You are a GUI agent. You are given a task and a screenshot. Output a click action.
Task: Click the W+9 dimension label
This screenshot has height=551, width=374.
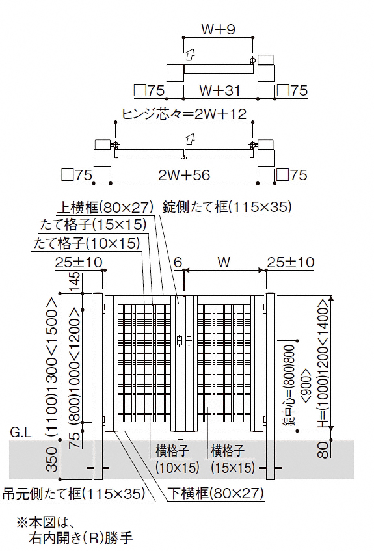(218, 29)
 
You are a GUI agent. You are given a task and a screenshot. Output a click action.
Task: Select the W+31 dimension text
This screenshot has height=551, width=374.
(220, 90)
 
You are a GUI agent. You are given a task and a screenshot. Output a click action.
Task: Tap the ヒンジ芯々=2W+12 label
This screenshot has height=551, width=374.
(184, 114)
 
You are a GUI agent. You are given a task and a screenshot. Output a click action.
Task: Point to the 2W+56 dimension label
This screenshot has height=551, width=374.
(184, 174)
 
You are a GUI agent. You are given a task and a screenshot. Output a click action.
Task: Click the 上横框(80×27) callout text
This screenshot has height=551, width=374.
(105, 208)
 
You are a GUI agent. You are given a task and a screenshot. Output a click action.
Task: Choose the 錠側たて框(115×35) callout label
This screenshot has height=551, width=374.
(227, 207)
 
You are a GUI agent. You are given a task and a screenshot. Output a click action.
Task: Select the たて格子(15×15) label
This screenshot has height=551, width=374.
(93, 224)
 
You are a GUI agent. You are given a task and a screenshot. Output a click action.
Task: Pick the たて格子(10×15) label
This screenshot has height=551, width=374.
(87, 243)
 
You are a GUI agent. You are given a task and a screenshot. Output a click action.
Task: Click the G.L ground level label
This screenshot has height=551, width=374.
(21, 432)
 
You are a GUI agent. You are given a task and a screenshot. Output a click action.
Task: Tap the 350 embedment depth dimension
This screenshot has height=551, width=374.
(52, 459)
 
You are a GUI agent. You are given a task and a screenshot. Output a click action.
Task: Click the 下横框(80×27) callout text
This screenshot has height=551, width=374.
(215, 493)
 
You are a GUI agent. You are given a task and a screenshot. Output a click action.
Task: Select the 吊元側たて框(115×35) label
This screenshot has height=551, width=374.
(73, 493)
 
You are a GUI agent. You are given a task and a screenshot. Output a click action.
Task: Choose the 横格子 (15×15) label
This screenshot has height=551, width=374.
(233, 459)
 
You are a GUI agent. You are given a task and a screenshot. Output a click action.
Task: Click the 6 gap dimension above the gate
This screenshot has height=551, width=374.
(178, 262)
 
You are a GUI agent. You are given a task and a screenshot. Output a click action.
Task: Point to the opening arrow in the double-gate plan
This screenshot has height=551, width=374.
(189, 140)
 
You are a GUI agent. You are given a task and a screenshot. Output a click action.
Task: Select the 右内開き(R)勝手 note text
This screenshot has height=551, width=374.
(81, 537)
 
